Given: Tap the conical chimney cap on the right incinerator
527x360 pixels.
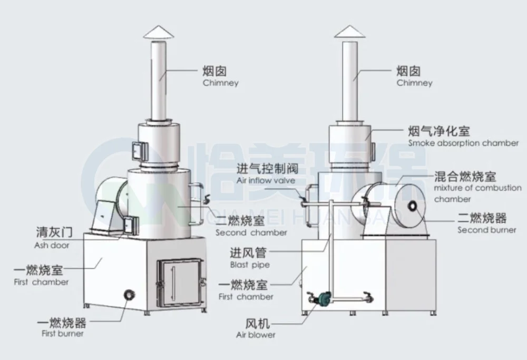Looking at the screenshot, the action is [350, 32].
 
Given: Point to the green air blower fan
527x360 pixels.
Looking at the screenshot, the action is [320, 298].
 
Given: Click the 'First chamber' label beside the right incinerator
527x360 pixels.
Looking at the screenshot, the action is [246, 290].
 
